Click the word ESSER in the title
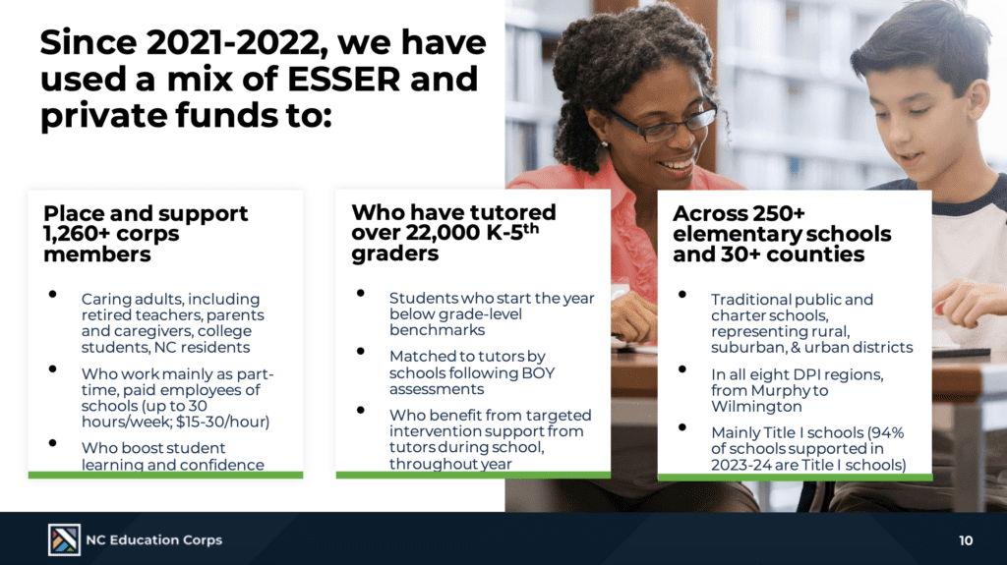click(x=343, y=79)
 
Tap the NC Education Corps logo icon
click(x=64, y=539)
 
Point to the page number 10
click(x=966, y=540)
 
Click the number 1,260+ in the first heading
click(x=77, y=234)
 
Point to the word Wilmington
click(x=756, y=407)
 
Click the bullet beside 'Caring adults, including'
click(x=53, y=295)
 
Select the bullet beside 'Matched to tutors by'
click(x=360, y=351)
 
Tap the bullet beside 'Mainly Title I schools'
click(x=682, y=427)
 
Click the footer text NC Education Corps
click(x=154, y=540)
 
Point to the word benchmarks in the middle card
click(x=437, y=330)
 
